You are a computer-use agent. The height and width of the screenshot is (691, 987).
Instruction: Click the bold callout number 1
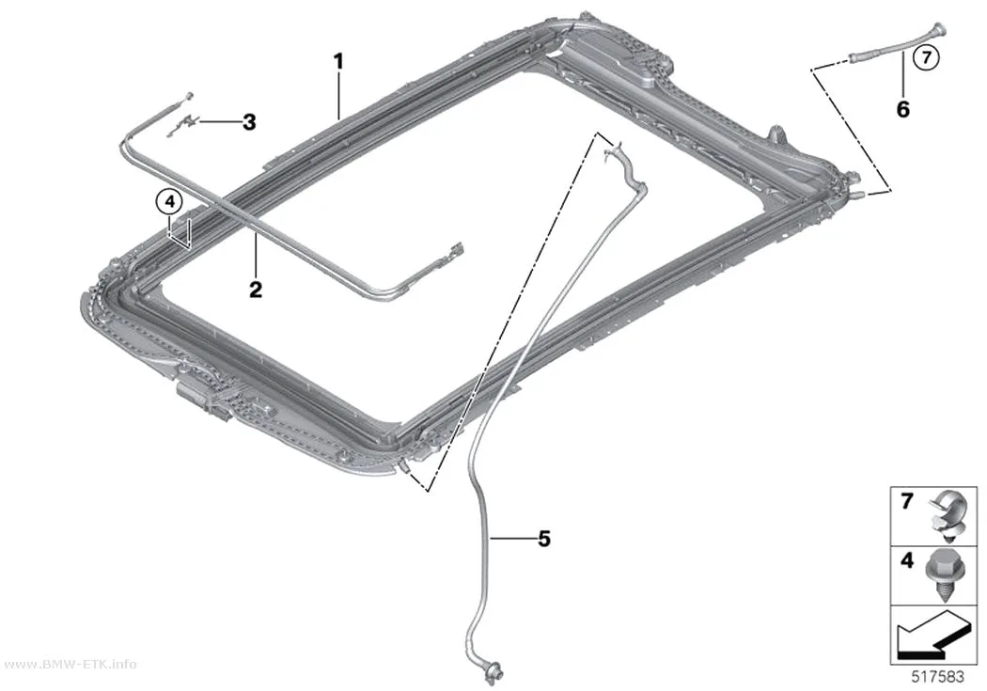click(x=338, y=62)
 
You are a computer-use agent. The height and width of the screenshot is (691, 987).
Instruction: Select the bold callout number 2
click(x=256, y=290)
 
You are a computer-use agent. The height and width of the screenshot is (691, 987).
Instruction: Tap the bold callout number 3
click(x=249, y=122)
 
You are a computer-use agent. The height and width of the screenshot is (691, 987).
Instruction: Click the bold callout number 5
click(x=544, y=539)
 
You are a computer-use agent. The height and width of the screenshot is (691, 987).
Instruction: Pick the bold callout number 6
click(x=902, y=109)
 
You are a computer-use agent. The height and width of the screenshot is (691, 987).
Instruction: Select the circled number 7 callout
click(x=926, y=57)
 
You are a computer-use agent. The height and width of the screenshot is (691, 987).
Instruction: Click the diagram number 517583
click(x=938, y=677)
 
